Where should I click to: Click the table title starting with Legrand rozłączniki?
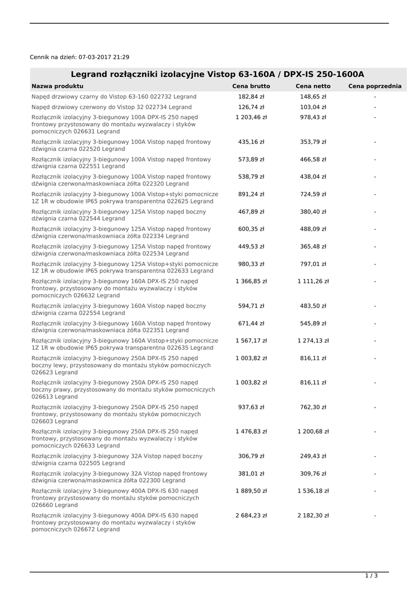[x=217, y=74]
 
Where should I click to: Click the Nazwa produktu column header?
[x=57, y=86]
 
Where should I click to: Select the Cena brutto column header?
[x=251, y=86]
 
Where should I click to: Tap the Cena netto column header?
[x=313, y=86]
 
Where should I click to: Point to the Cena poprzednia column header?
[x=374, y=86]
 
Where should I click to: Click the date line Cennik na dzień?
[x=80, y=57]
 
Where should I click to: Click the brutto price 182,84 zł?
[x=251, y=97]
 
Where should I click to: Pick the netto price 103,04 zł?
[x=313, y=107]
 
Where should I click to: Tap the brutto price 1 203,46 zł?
[x=251, y=117]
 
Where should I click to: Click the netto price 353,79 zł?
[x=313, y=142]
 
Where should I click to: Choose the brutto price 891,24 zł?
[x=251, y=194]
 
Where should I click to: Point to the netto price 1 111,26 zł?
[x=313, y=282]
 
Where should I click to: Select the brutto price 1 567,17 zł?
[x=251, y=341]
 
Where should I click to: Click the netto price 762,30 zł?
[x=313, y=407]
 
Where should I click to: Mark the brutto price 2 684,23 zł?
[x=251, y=515]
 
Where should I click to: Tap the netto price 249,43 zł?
[x=313, y=456]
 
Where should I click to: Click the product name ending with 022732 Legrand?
[x=114, y=97]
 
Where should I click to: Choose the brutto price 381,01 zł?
[x=251, y=473]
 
